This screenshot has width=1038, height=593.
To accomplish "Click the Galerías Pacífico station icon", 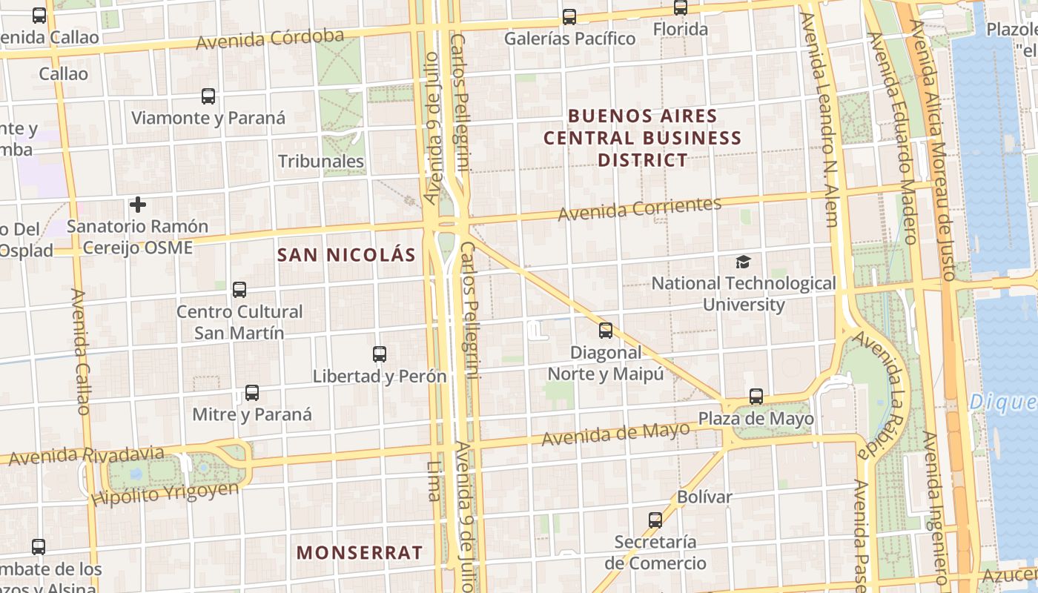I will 569,16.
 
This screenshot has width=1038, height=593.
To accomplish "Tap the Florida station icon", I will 681,8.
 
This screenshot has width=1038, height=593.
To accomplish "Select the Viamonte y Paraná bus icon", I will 208,96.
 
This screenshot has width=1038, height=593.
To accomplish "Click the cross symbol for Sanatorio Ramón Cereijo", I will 138,205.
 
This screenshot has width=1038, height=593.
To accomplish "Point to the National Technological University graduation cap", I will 743,262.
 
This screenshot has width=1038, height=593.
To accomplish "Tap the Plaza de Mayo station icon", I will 756,397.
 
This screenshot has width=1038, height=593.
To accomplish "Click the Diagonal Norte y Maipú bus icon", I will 606,331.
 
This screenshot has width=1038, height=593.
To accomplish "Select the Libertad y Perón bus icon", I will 380,354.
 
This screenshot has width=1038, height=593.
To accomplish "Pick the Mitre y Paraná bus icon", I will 252,393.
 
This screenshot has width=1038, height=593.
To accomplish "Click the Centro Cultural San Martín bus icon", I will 239,290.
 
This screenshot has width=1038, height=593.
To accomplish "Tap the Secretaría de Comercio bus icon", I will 655,520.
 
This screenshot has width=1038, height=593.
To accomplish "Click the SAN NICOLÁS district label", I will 346,255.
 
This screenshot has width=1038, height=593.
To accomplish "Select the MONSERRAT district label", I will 360,553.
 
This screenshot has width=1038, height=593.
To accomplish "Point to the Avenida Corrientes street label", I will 639,209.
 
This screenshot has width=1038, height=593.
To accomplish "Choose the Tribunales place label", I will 321,162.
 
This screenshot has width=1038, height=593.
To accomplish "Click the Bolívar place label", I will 704,497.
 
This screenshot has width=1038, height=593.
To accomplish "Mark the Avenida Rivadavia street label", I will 87,455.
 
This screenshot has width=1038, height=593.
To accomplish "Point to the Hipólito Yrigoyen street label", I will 166,493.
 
